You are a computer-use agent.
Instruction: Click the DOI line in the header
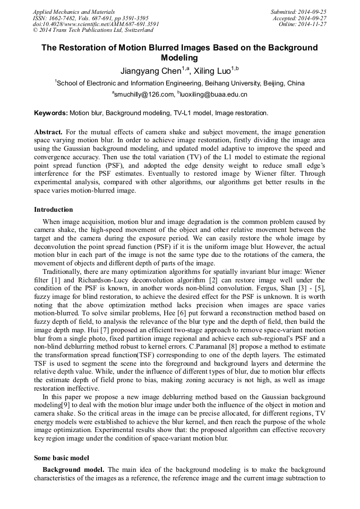pos(96,24)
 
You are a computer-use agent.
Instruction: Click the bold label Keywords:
pos(51,113)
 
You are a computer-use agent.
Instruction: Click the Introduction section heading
pos(53,210)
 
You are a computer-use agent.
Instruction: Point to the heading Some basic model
pos(62,457)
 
